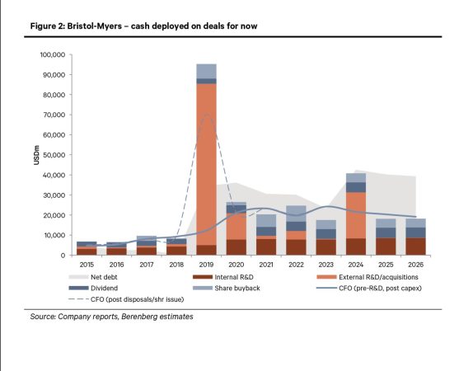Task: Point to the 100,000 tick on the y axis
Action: [x=51, y=55]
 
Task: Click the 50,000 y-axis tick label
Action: [x=54, y=155]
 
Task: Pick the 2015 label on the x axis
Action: [x=87, y=265]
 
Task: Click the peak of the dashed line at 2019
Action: [x=208, y=115]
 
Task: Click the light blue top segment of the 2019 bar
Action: [x=206, y=71]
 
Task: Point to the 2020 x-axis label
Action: [x=236, y=265]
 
